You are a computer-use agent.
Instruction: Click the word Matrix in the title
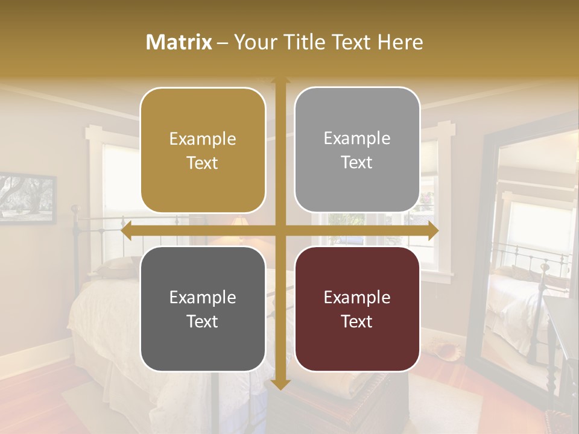[x=179, y=42]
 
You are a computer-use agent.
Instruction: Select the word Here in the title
[x=400, y=42]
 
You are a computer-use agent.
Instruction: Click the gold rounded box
[x=203, y=150]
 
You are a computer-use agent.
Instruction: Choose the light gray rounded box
[x=357, y=149]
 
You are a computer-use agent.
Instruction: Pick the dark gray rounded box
[x=203, y=309]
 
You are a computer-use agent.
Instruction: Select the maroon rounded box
[x=357, y=309]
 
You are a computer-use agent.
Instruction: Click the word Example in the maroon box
[x=357, y=297]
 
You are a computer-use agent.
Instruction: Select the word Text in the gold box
[x=203, y=163]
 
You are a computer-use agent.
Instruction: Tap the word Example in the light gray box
[x=357, y=138]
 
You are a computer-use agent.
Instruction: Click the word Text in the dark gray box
[x=203, y=321]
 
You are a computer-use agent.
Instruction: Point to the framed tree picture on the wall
[x=27, y=198]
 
